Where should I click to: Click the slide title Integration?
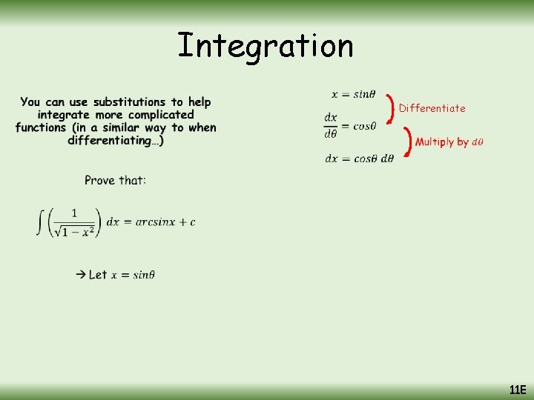coord(266,46)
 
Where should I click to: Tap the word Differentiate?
coord(432,108)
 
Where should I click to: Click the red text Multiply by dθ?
coord(449,141)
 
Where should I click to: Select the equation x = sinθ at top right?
coord(353,94)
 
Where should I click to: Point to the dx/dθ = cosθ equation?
coord(350,126)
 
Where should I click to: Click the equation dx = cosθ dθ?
coord(359,158)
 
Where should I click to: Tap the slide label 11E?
coord(517,390)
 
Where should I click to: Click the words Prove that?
coord(115,180)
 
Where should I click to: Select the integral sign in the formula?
coord(41,222)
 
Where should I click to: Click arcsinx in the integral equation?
coord(156,222)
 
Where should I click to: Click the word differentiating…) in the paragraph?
coord(115,141)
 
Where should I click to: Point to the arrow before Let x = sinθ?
coord(80,275)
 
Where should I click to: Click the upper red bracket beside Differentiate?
coord(391,108)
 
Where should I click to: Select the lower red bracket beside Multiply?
coord(407,141)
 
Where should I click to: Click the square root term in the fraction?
coord(74,231)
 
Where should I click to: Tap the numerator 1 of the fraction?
coord(74,214)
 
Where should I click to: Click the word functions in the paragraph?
coord(42,127)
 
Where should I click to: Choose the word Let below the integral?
coord(98,275)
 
